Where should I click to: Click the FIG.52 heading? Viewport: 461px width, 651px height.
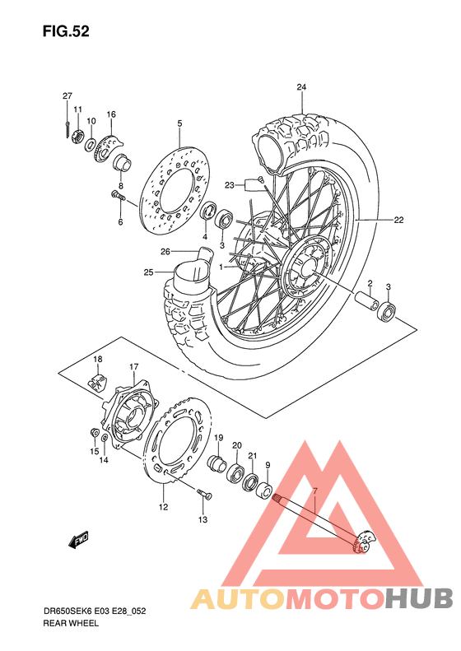tap(67, 32)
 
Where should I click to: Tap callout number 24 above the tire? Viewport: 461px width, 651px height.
tap(301, 88)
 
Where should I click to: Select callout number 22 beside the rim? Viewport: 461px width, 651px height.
tap(398, 220)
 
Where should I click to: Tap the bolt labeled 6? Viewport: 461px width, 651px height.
tap(117, 196)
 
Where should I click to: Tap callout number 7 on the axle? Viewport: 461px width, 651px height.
tap(314, 491)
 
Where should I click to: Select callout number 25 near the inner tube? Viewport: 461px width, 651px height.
tap(148, 272)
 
